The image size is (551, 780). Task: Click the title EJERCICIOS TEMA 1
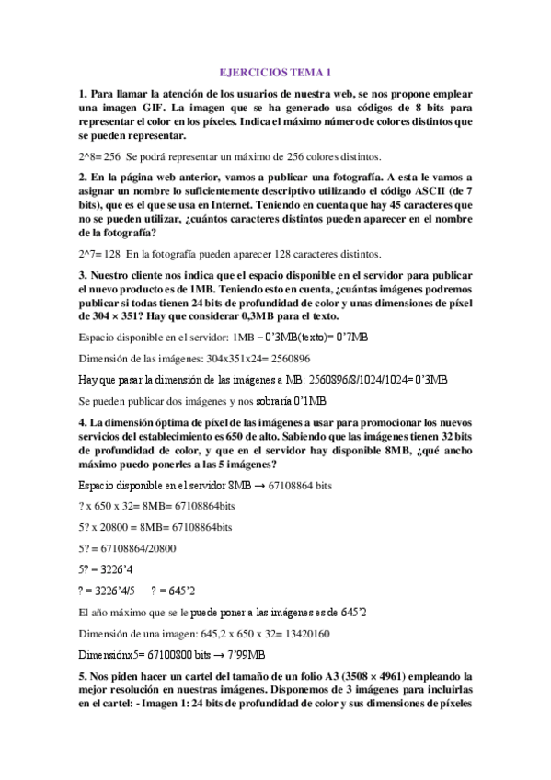coord(276,72)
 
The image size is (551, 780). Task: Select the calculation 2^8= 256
coord(99,155)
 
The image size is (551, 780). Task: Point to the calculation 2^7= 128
coord(99,254)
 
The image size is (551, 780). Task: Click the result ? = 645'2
coord(172,590)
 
